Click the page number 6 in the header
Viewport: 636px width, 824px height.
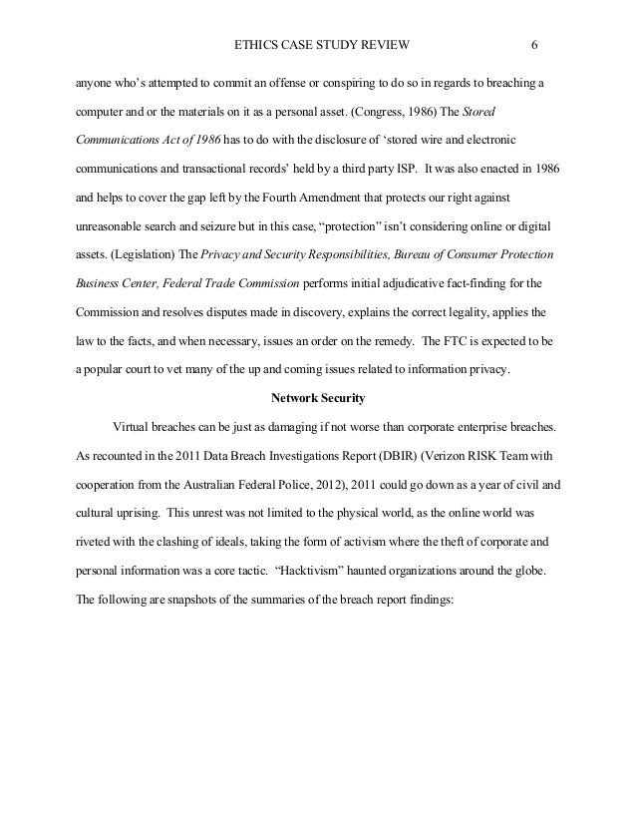pyautogui.click(x=535, y=45)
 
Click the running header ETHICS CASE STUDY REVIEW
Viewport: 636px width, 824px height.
pyautogui.click(x=320, y=45)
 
